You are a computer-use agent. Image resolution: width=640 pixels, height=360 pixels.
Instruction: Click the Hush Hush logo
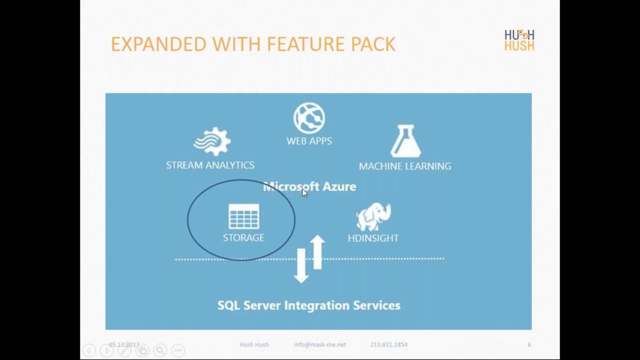[x=519, y=40]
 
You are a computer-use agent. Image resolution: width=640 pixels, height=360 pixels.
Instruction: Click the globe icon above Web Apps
[x=309, y=118]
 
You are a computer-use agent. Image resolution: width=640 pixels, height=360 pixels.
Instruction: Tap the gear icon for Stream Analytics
[x=212, y=141]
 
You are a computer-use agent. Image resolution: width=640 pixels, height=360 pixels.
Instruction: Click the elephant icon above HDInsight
[x=373, y=216]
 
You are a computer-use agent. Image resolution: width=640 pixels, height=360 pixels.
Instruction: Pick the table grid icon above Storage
[x=243, y=216]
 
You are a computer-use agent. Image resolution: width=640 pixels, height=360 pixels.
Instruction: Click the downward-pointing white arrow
[x=301, y=265]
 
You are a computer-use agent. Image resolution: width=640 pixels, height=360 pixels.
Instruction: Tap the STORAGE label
[x=243, y=238]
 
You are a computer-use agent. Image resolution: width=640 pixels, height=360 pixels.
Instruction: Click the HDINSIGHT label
[x=373, y=238]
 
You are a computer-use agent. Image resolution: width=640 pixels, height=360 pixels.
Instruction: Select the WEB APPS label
[x=309, y=141]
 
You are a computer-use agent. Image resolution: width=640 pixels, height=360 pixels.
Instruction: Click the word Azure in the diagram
[x=339, y=186]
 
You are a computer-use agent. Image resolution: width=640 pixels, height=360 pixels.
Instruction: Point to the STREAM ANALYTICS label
[x=210, y=165]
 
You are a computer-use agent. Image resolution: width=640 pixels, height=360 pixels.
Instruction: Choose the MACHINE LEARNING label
[x=405, y=166]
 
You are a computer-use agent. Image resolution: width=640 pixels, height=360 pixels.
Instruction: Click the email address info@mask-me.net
[x=320, y=344]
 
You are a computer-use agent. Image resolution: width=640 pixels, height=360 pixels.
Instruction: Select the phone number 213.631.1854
[x=388, y=344]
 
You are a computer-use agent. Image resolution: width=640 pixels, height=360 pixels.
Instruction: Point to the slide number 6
[x=529, y=344]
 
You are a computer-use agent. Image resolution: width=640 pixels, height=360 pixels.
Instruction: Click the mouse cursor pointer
[x=304, y=193]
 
